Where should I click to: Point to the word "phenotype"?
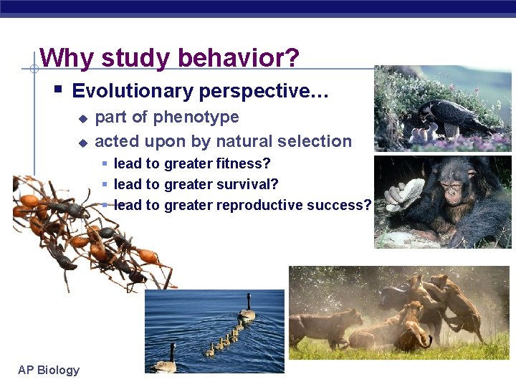click(196, 117)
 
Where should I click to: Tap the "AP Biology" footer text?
click(49, 370)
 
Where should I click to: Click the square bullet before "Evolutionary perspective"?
click(58, 90)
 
